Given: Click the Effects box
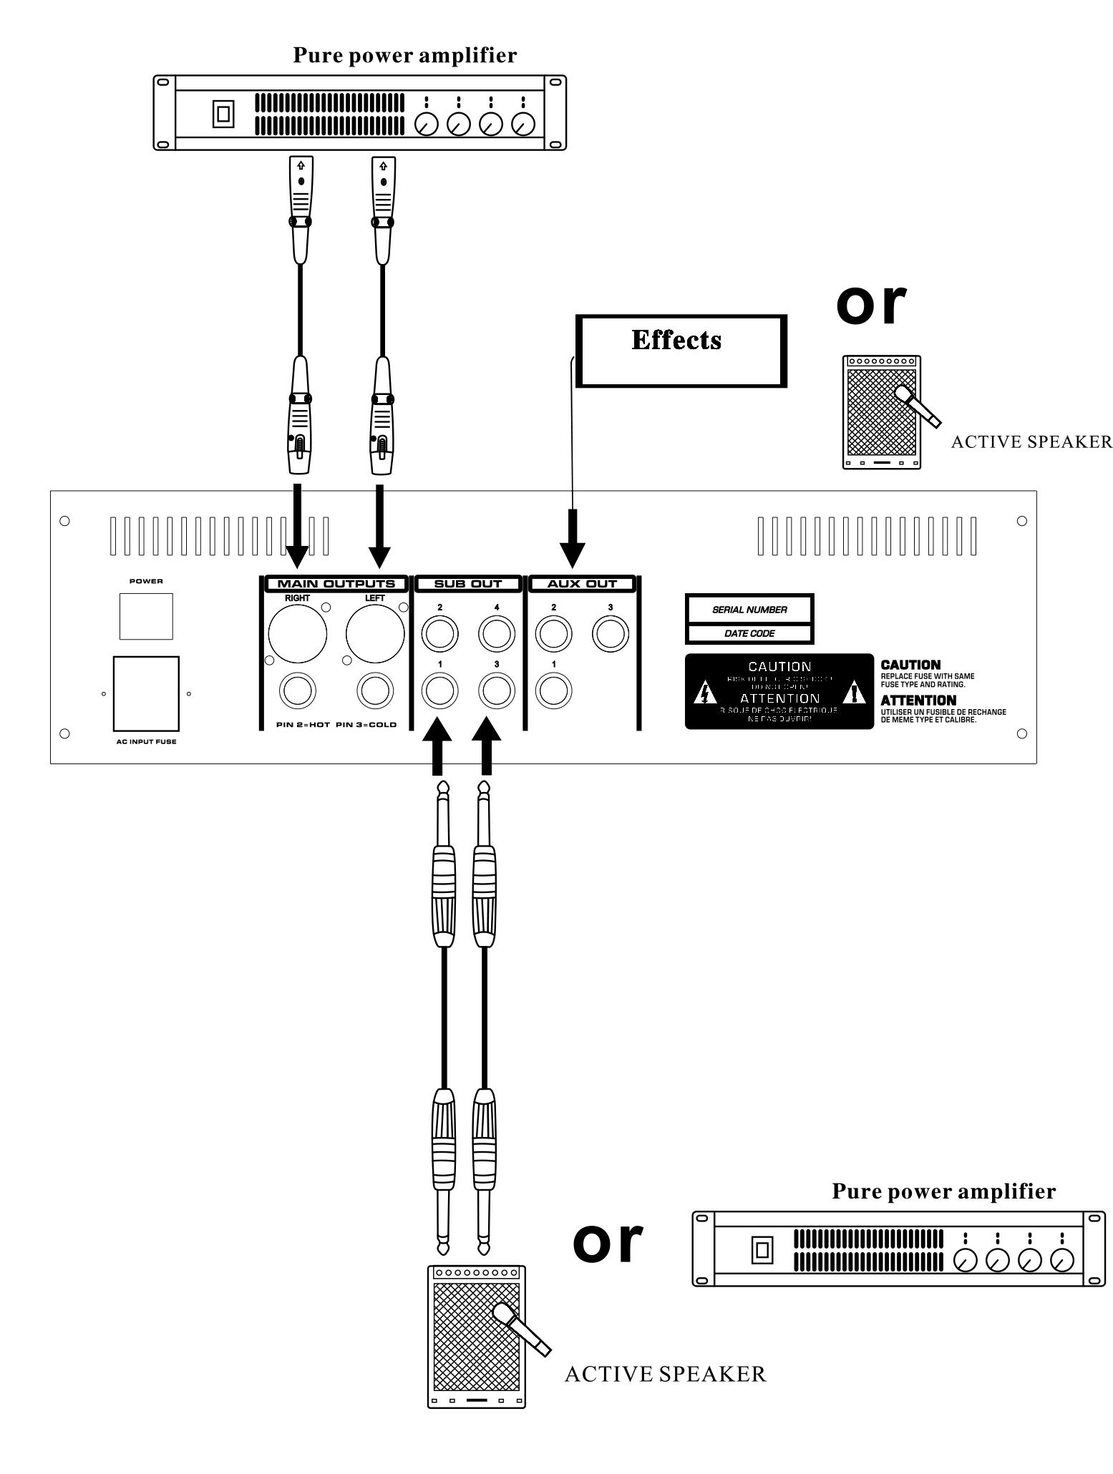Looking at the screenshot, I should coord(681,351).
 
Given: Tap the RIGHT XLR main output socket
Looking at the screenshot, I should coord(298,633).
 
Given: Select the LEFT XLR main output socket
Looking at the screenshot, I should coord(375,633).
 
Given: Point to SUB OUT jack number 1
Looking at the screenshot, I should coord(439,691).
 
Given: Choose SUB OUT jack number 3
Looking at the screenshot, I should coord(496,691).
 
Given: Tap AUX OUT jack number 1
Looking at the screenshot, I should coord(553,691).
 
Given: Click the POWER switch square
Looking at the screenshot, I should coord(146,616).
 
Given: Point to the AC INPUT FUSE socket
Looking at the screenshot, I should coord(146,693).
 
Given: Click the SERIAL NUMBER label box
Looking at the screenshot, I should coord(749,610).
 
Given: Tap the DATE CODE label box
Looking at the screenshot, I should coord(749,633).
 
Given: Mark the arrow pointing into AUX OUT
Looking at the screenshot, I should coord(573,540).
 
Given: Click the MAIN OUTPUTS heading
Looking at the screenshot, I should coord(336,584).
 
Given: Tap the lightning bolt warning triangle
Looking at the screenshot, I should coord(706,693).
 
